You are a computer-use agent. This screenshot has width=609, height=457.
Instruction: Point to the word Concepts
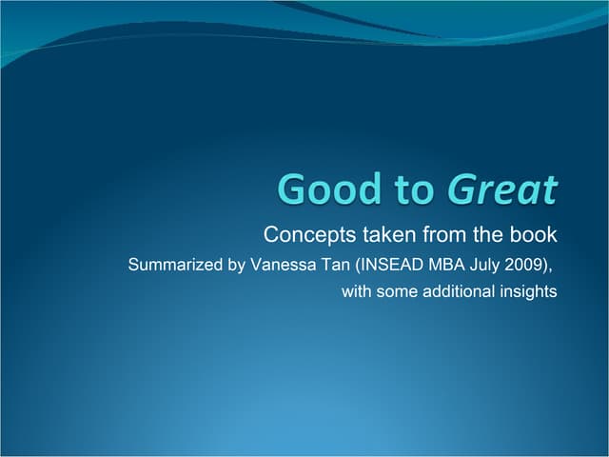click(x=303, y=234)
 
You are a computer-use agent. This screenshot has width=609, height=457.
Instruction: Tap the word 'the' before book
click(x=486, y=234)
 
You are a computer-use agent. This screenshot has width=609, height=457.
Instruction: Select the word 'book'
click(x=535, y=234)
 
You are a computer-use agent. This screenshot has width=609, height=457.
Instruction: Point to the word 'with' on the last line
click(x=357, y=292)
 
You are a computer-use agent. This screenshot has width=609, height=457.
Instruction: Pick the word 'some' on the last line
click(x=397, y=292)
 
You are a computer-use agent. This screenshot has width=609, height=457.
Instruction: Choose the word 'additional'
click(x=458, y=292)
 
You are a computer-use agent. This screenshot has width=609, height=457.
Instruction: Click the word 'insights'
click(x=527, y=292)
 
